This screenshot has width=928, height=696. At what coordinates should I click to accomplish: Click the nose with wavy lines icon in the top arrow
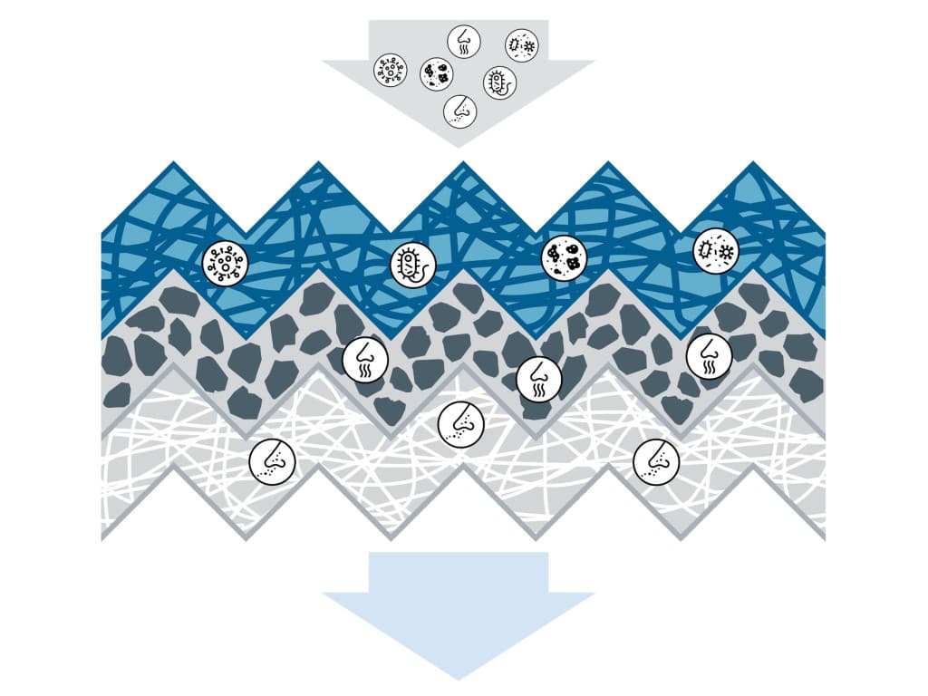pyautogui.click(x=464, y=41)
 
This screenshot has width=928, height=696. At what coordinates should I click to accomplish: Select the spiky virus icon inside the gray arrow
pyautogui.click(x=391, y=71)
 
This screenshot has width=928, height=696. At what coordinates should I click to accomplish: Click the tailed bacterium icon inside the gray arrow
pyautogui.click(x=499, y=82)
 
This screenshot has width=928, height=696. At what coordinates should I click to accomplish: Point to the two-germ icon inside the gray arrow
pyautogui.click(x=521, y=43)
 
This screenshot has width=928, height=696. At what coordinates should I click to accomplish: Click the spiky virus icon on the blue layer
pyautogui.click(x=225, y=264)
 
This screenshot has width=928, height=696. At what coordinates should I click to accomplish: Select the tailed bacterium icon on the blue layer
pyautogui.click(x=412, y=264)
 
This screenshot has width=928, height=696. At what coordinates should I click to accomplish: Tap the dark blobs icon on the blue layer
pyautogui.click(x=564, y=256)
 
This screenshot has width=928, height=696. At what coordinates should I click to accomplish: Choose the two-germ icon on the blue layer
pyautogui.click(x=715, y=249)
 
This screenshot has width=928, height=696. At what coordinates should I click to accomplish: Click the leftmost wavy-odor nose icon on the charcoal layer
pyautogui.click(x=365, y=361)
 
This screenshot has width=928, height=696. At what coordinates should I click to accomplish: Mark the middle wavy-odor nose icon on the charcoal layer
pyautogui.click(x=538, y=378)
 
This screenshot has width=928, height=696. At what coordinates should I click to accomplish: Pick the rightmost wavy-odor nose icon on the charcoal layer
pyautogui.click(x=709, y=355)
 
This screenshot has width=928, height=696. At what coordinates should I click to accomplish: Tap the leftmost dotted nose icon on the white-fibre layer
pyautogui.click(x=272, y=460)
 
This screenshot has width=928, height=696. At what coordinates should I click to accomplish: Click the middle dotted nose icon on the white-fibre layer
pyautogui.click(x=460, y=423)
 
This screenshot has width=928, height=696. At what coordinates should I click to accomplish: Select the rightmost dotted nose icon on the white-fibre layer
pyautogui.click(x=656, y=461)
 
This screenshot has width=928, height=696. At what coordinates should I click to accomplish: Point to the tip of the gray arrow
pyautogui.click(x=458, y=145)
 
